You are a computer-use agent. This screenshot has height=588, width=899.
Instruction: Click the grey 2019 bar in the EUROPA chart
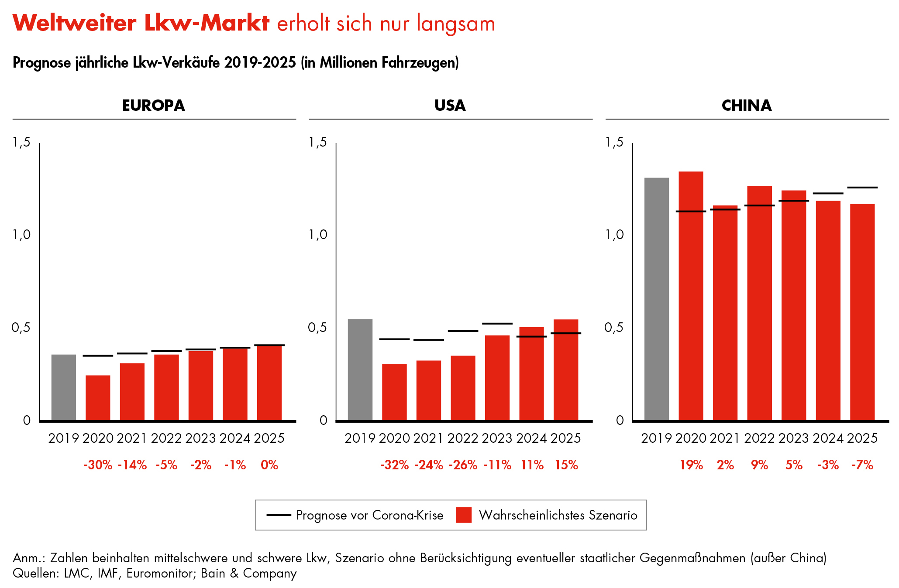[x=63, y=387]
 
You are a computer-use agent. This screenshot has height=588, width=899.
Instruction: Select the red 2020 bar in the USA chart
[x=394, y=392]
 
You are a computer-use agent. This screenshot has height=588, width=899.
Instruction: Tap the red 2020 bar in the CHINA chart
[x=691, y=296]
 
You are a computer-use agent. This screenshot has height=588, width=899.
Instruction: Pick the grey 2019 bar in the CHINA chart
[x=656, y=299]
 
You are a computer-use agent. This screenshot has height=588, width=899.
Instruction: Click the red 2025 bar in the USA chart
[x=566, y=370]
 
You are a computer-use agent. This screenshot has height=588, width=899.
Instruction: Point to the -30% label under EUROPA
[x=98, y=465]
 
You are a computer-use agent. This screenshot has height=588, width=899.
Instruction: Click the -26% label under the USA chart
[x=463, y=465]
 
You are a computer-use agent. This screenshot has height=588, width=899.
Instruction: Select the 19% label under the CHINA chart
[x=691, y=465]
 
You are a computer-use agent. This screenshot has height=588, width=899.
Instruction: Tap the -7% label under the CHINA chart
[x=862, y=465]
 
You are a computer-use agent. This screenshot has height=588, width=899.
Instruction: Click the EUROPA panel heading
[x=154, y=106]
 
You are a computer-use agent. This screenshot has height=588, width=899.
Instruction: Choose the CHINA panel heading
[x=747, y=106]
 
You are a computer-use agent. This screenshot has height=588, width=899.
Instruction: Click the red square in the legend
[x=464, y=515]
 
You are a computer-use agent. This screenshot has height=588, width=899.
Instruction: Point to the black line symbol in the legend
[x=279, y=515]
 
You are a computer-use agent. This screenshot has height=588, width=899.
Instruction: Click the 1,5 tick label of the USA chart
[x=318, y=142]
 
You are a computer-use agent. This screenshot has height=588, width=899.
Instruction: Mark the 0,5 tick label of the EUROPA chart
[x=21, y=328]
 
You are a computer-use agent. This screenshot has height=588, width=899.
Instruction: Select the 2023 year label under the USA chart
[x=497, y=438]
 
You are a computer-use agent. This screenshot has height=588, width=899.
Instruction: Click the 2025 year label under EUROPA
[x=269, y=438]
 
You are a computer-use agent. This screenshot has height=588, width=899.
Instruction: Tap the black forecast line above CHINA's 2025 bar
[x=862, y=188]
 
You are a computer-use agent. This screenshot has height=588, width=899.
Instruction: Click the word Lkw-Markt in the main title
[x=207, y=23]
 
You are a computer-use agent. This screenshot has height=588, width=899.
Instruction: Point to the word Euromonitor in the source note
[x=160, y=573]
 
